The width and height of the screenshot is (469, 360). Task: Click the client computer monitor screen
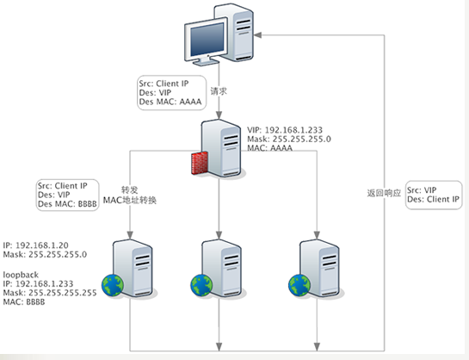point(207,39)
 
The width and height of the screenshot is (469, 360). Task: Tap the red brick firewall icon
point(200,163)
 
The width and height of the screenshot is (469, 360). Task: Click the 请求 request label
point(219,91)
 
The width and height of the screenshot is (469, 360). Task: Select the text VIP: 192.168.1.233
point(285,130)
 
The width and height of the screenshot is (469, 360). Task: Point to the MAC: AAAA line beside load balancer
point(269,148)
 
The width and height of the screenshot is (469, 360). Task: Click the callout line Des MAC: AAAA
point(170,102)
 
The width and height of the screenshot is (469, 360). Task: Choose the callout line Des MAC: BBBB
point(67,204)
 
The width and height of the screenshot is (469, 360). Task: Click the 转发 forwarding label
point(130,190)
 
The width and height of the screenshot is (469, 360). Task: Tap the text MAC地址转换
point(130,200)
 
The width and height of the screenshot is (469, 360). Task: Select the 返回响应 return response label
point(384,193)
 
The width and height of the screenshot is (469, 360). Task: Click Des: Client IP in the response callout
point(433,199)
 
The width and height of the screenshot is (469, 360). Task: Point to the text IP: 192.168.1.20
point(35,245)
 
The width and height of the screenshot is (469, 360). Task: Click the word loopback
point(21,275)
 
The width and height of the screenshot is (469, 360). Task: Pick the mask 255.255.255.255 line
point(50,293)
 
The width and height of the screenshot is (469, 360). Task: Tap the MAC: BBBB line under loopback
point(24,301)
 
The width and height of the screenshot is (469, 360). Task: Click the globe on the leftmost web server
point(113,285)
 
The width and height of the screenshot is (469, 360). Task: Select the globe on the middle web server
point(201,285)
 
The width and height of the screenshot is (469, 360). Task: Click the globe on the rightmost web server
point(299,285)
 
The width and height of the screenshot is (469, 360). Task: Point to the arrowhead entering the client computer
point(258,35)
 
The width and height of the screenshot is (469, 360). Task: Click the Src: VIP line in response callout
point(422,190)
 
